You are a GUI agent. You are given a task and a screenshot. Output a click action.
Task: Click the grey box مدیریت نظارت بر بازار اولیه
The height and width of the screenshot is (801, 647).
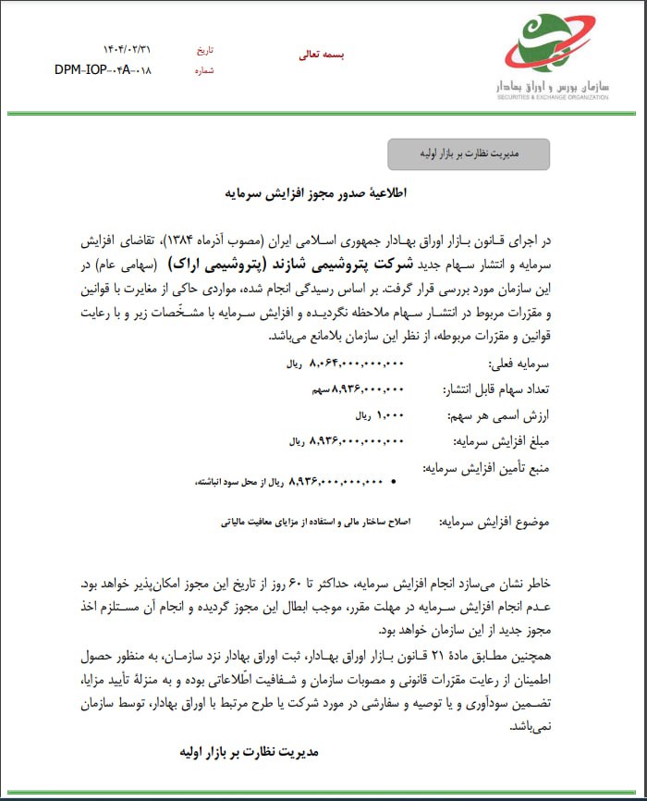468,154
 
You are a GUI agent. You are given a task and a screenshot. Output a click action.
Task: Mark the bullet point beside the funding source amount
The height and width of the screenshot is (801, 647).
395,482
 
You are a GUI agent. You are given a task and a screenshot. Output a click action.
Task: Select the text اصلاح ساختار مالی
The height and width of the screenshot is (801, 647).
380,522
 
